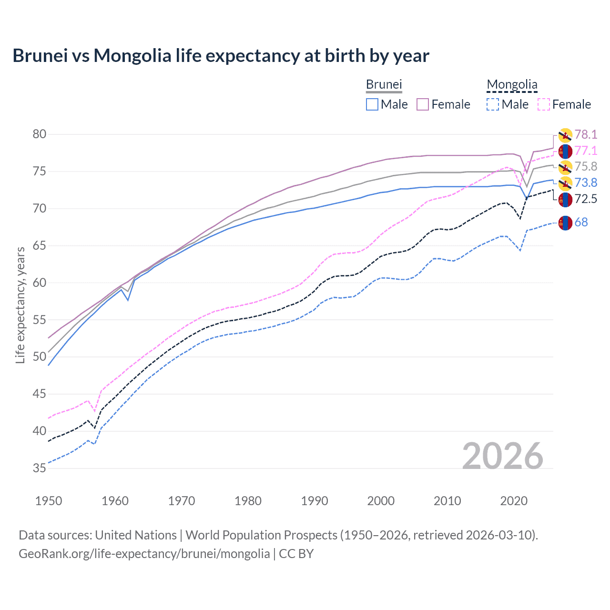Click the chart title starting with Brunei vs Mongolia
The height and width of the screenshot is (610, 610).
point(221,56)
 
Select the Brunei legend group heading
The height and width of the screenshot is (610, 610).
point(384,84)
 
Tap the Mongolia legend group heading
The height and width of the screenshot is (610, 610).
point(512,84)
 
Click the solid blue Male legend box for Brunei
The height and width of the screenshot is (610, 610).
point(372,104)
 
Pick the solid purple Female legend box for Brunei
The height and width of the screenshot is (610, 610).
point(423,104)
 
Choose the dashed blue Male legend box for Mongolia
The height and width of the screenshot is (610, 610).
point(493,104)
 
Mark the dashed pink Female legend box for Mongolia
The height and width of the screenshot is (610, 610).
point(544,104)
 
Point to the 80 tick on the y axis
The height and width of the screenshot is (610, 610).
point(40,134)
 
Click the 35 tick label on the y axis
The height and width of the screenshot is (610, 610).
point(40,468)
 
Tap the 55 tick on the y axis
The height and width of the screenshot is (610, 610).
point(40,320)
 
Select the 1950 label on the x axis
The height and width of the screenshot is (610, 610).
point(49,501)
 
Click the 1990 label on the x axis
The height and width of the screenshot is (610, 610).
point(315,501)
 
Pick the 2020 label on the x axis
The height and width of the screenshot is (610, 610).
point(514,501)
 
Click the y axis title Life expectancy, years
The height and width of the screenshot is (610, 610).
point(20,305)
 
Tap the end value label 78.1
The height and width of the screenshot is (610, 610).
point(586,134)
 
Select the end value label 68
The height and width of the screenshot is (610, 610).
point(581,222)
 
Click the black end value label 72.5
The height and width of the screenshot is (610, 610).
point(586,199)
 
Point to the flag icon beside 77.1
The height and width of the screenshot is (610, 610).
point(565,151)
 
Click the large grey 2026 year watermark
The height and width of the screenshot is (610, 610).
point(503,456)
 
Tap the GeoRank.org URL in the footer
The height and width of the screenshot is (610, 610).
point(144,553)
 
